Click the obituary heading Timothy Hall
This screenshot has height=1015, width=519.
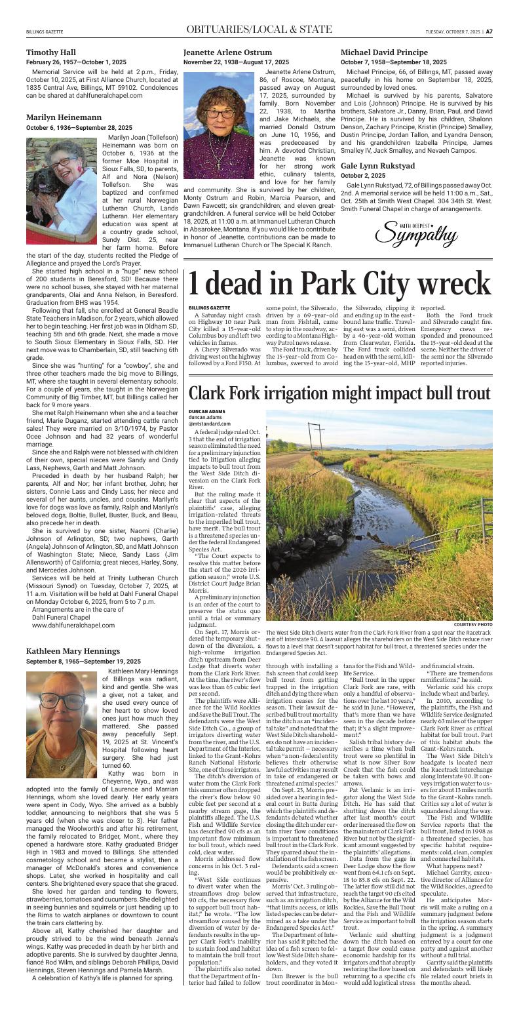pyautogui.click(x=51, y=52)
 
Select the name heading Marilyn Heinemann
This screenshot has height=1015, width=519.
pyautogui.click(x=64, y=117)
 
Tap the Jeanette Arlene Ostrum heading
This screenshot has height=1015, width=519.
pyautogui.click(x=227, y=52)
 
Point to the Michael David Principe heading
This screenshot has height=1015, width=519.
pyautogui.click(x=383, y=52)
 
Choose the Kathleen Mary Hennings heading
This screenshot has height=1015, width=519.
pyautogui.click(x=72, y=651)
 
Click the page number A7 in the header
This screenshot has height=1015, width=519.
pyautogui.click(x=489, y=30)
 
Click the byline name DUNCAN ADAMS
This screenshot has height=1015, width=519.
pyautogui.click(x=207, y=412)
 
